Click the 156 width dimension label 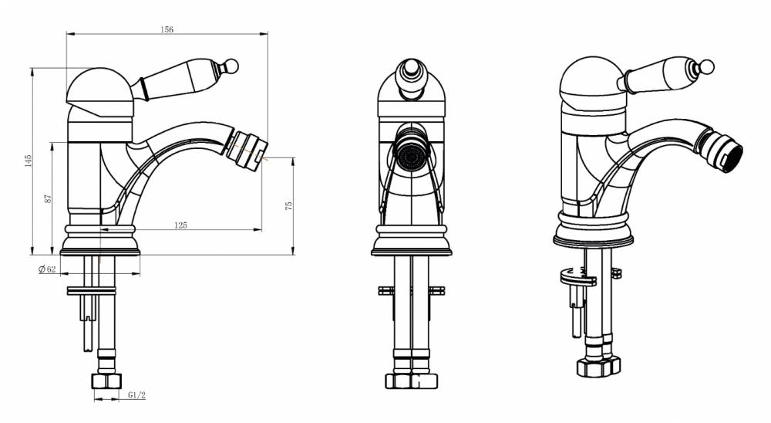[167, 29]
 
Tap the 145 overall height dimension [28, 161]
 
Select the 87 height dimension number [48, 198]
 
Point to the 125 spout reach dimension [181, 225]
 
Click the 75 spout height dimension [288, 205]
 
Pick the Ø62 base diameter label [47, 269]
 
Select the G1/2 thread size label [136, 395]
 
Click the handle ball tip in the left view [231, 66]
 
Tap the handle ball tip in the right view [706, 67]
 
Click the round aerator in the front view [411, 154]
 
